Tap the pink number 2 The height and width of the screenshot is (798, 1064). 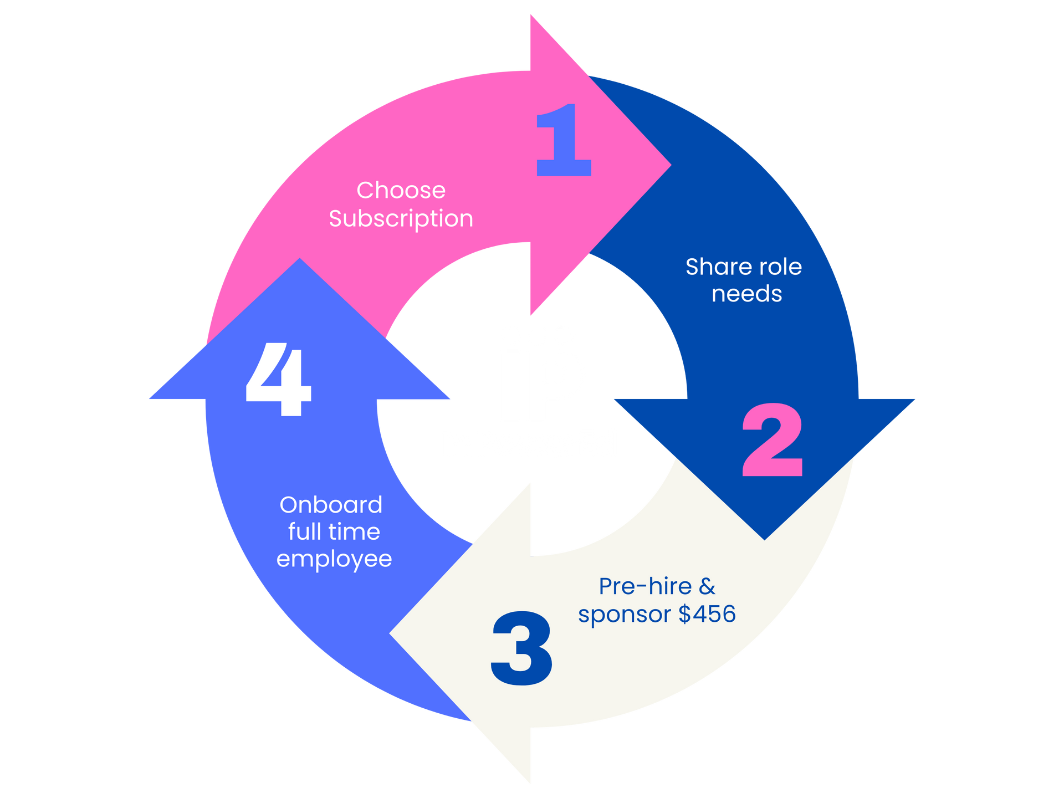772,440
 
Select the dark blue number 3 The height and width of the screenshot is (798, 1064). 521,648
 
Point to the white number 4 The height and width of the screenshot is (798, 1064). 278,379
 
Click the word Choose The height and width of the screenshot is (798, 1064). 401,191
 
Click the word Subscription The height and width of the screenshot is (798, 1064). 401,219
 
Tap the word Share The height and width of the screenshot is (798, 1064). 711,267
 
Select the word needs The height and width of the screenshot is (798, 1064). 746,294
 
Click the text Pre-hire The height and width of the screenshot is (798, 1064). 646,586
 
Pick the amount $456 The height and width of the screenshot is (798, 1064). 707,614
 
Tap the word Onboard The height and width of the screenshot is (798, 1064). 331,505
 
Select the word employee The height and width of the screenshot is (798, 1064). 334,559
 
